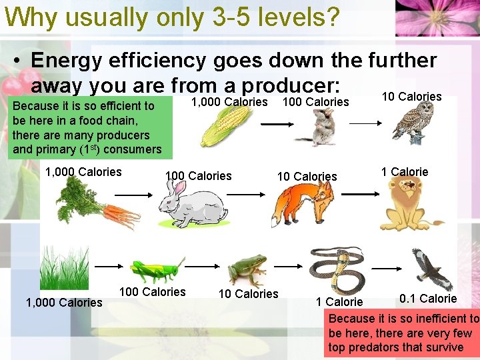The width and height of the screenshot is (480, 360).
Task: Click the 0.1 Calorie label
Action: point(428,298)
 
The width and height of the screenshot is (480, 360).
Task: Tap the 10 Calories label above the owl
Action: point(411,97)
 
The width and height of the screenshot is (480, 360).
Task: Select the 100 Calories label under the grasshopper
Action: point(152,292)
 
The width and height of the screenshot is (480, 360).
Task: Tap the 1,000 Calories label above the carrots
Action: point(83,172)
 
